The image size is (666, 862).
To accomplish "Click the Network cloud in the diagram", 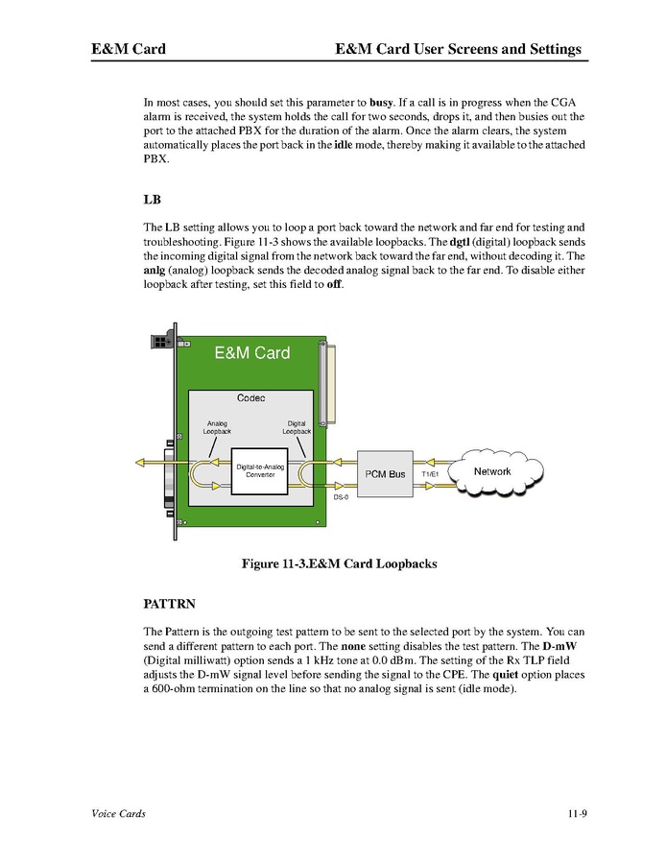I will coord(492,471).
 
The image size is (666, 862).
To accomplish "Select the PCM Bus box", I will coord(386,474).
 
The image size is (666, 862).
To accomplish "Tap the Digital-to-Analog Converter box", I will coord(260,470).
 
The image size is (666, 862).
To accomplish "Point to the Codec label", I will coord(250,397).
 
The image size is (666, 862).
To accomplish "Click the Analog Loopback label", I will coord(217,427).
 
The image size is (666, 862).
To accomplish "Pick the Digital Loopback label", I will coord(297,427).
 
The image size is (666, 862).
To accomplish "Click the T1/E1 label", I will coord(429,474).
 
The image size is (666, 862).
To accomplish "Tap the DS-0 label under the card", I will coord(341,498).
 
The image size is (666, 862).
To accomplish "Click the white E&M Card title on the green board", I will coord(251,353).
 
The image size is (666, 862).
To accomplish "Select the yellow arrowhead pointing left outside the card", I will coord(140,463).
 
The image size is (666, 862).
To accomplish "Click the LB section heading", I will coord(152,202).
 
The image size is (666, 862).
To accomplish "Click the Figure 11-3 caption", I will coord(339,564).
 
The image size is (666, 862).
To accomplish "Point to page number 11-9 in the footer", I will coord(576,814).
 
